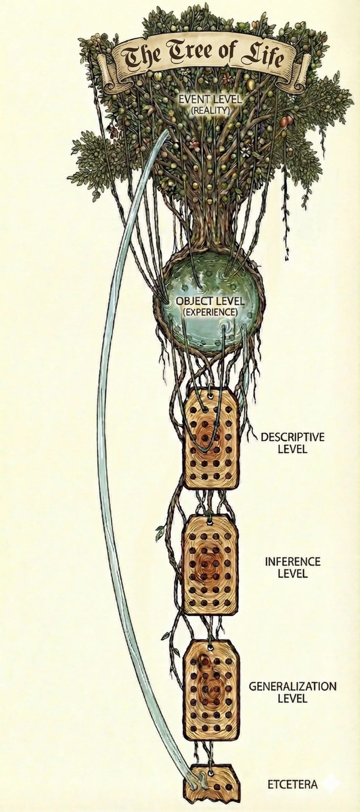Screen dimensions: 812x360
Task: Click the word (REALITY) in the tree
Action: click(x=211, y=110)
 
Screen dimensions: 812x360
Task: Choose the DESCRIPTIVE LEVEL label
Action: click(x=292, y=443)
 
